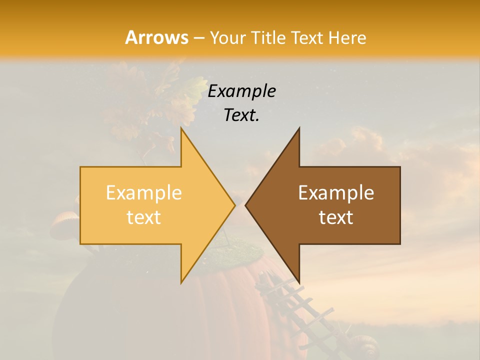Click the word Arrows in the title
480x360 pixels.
[156, 37]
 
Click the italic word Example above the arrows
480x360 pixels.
[242, 91]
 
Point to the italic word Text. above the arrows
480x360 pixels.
[242, 115]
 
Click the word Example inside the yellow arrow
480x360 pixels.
[144, 193]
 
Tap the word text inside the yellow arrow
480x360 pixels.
[144, 217]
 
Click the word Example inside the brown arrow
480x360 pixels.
[336, 193]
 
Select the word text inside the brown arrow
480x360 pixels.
[336, 217]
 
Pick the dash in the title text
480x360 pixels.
[198, 38]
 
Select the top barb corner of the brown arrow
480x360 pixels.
[299, 129]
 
